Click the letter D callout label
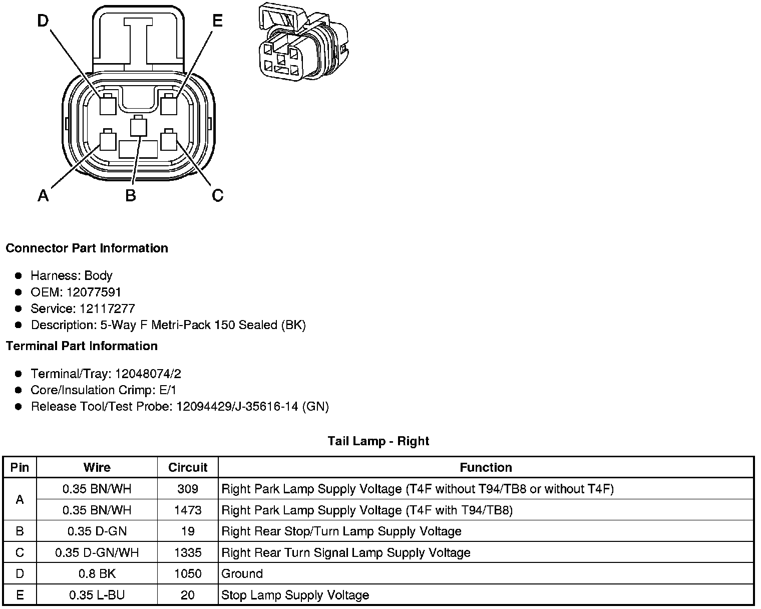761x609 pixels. point(43,21)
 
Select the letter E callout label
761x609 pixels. point(217,21)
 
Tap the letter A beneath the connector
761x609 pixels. point(44,195)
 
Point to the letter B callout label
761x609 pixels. point(131,195)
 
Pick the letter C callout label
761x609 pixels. point(217,195)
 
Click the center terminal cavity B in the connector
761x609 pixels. point(138,127)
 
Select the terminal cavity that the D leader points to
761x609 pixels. point(107,104)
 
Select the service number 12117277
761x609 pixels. point(107,309)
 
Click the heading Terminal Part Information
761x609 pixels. point(82,346)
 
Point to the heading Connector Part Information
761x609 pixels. point(87,248)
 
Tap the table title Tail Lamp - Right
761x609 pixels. point(378,441)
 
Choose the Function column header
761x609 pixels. point(486,467)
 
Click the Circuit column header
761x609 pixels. point(188,467)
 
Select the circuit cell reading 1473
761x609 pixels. point(188,510)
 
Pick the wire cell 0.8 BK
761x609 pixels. point(97,573)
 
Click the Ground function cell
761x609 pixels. point(242,573)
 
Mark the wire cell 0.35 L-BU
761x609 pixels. point(97,595)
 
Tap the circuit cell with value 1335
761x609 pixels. point(188,552)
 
